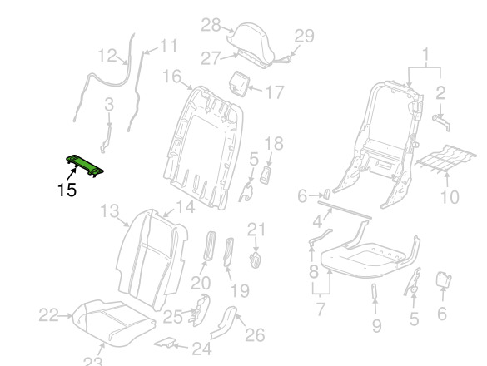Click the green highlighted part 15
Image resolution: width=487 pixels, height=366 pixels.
point(84,165)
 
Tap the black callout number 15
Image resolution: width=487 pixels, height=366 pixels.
point(67,190)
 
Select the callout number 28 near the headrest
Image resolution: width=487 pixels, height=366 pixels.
point(211,25)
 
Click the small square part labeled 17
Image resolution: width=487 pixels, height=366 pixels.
point(240,82)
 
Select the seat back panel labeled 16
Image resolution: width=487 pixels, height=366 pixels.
point(203,147)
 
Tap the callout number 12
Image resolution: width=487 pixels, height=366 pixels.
point(107,56)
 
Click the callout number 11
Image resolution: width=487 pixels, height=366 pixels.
point(168,46)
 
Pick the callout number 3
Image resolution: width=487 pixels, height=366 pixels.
point(109,105)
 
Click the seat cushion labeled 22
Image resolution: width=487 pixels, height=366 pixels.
point(113,323)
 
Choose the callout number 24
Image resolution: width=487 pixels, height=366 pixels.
point(202,349)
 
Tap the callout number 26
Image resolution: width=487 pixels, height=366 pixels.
point(255,335)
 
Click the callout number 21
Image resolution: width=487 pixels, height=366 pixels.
point(256,230)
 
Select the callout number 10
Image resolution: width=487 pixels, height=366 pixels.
point(450,197)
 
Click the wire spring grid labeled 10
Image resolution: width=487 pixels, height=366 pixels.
point(446,158)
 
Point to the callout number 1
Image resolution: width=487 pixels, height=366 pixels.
point(426,54)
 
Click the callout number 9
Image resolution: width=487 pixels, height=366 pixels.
point(376,326)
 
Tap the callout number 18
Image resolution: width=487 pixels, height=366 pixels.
point(274,143)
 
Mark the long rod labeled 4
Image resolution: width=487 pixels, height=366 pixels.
point(345,210)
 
